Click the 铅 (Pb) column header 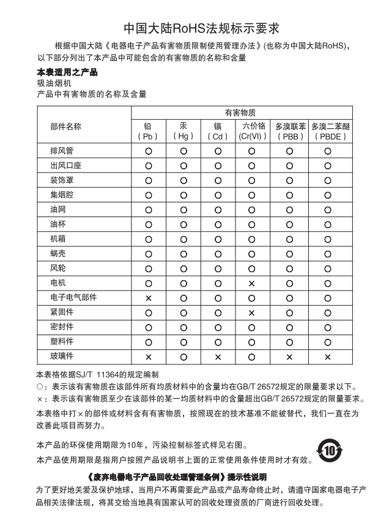point(148,131)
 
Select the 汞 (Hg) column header point(183,131)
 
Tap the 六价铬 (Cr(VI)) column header point(251,131)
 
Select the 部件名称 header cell point(66,126)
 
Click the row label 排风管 point(62,150)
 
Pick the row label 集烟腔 point(62,195)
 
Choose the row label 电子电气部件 point(73,297)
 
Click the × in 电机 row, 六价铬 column point(251,283)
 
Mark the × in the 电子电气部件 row point(148,298)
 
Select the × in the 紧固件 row point(251,312)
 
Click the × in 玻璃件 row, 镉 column point(217,357)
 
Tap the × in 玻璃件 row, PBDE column point(328,357)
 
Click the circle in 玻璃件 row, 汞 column point(183,357)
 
